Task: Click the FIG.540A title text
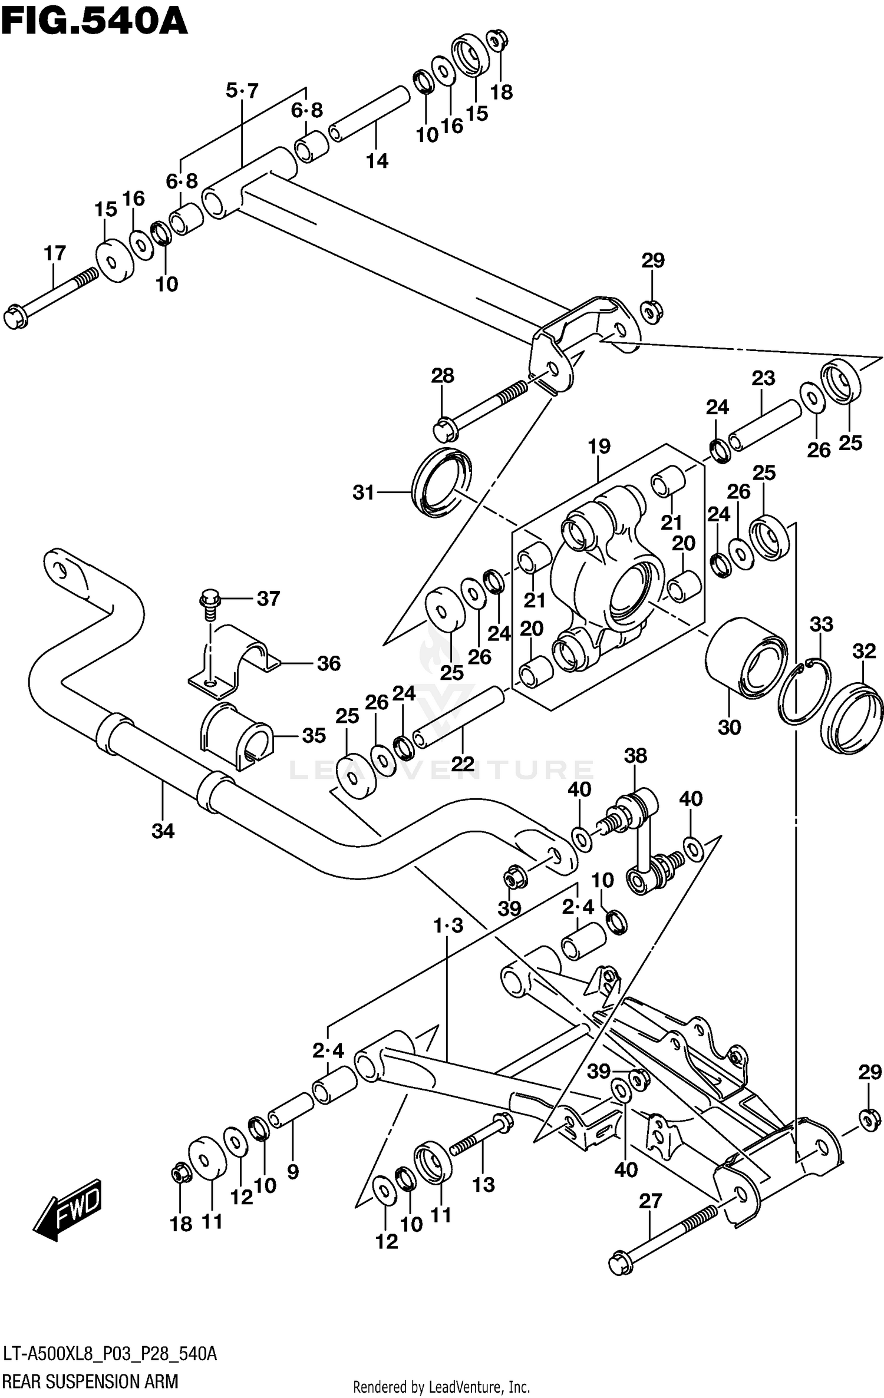[x=94, y=22]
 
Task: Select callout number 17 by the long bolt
[x=55, y=253]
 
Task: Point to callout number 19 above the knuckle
[x=599, y=446]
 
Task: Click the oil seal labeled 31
[x=441, y=482]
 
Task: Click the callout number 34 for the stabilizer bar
[x=163, y=831]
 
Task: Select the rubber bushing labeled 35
[x=236, y=736]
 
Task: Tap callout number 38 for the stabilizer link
[x=635, y=755]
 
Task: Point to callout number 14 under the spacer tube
[x=377, y=160]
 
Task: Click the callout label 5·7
[x=242, y=91]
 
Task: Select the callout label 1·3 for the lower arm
[x=448, y=926]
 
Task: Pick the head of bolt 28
[x=445, y=430]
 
